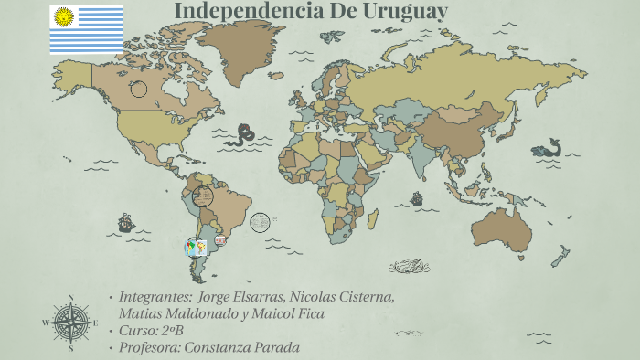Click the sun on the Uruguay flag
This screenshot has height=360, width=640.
tap(63, 16)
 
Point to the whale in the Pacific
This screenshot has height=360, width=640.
tap(547, 147)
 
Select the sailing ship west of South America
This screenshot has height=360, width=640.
tap(125, 223)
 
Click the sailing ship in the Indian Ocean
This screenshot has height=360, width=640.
tap(417, 197)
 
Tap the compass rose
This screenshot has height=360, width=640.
tap(70, 323)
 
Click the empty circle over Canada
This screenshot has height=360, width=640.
tap(139, 89)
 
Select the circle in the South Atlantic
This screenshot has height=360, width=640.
tap(260, 222)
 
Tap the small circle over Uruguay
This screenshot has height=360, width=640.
tap(220, 240)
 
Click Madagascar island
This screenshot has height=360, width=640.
tap(375, 224)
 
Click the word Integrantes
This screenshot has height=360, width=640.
tap(155, 297)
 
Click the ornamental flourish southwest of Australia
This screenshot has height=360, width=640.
tap(409, 266)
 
